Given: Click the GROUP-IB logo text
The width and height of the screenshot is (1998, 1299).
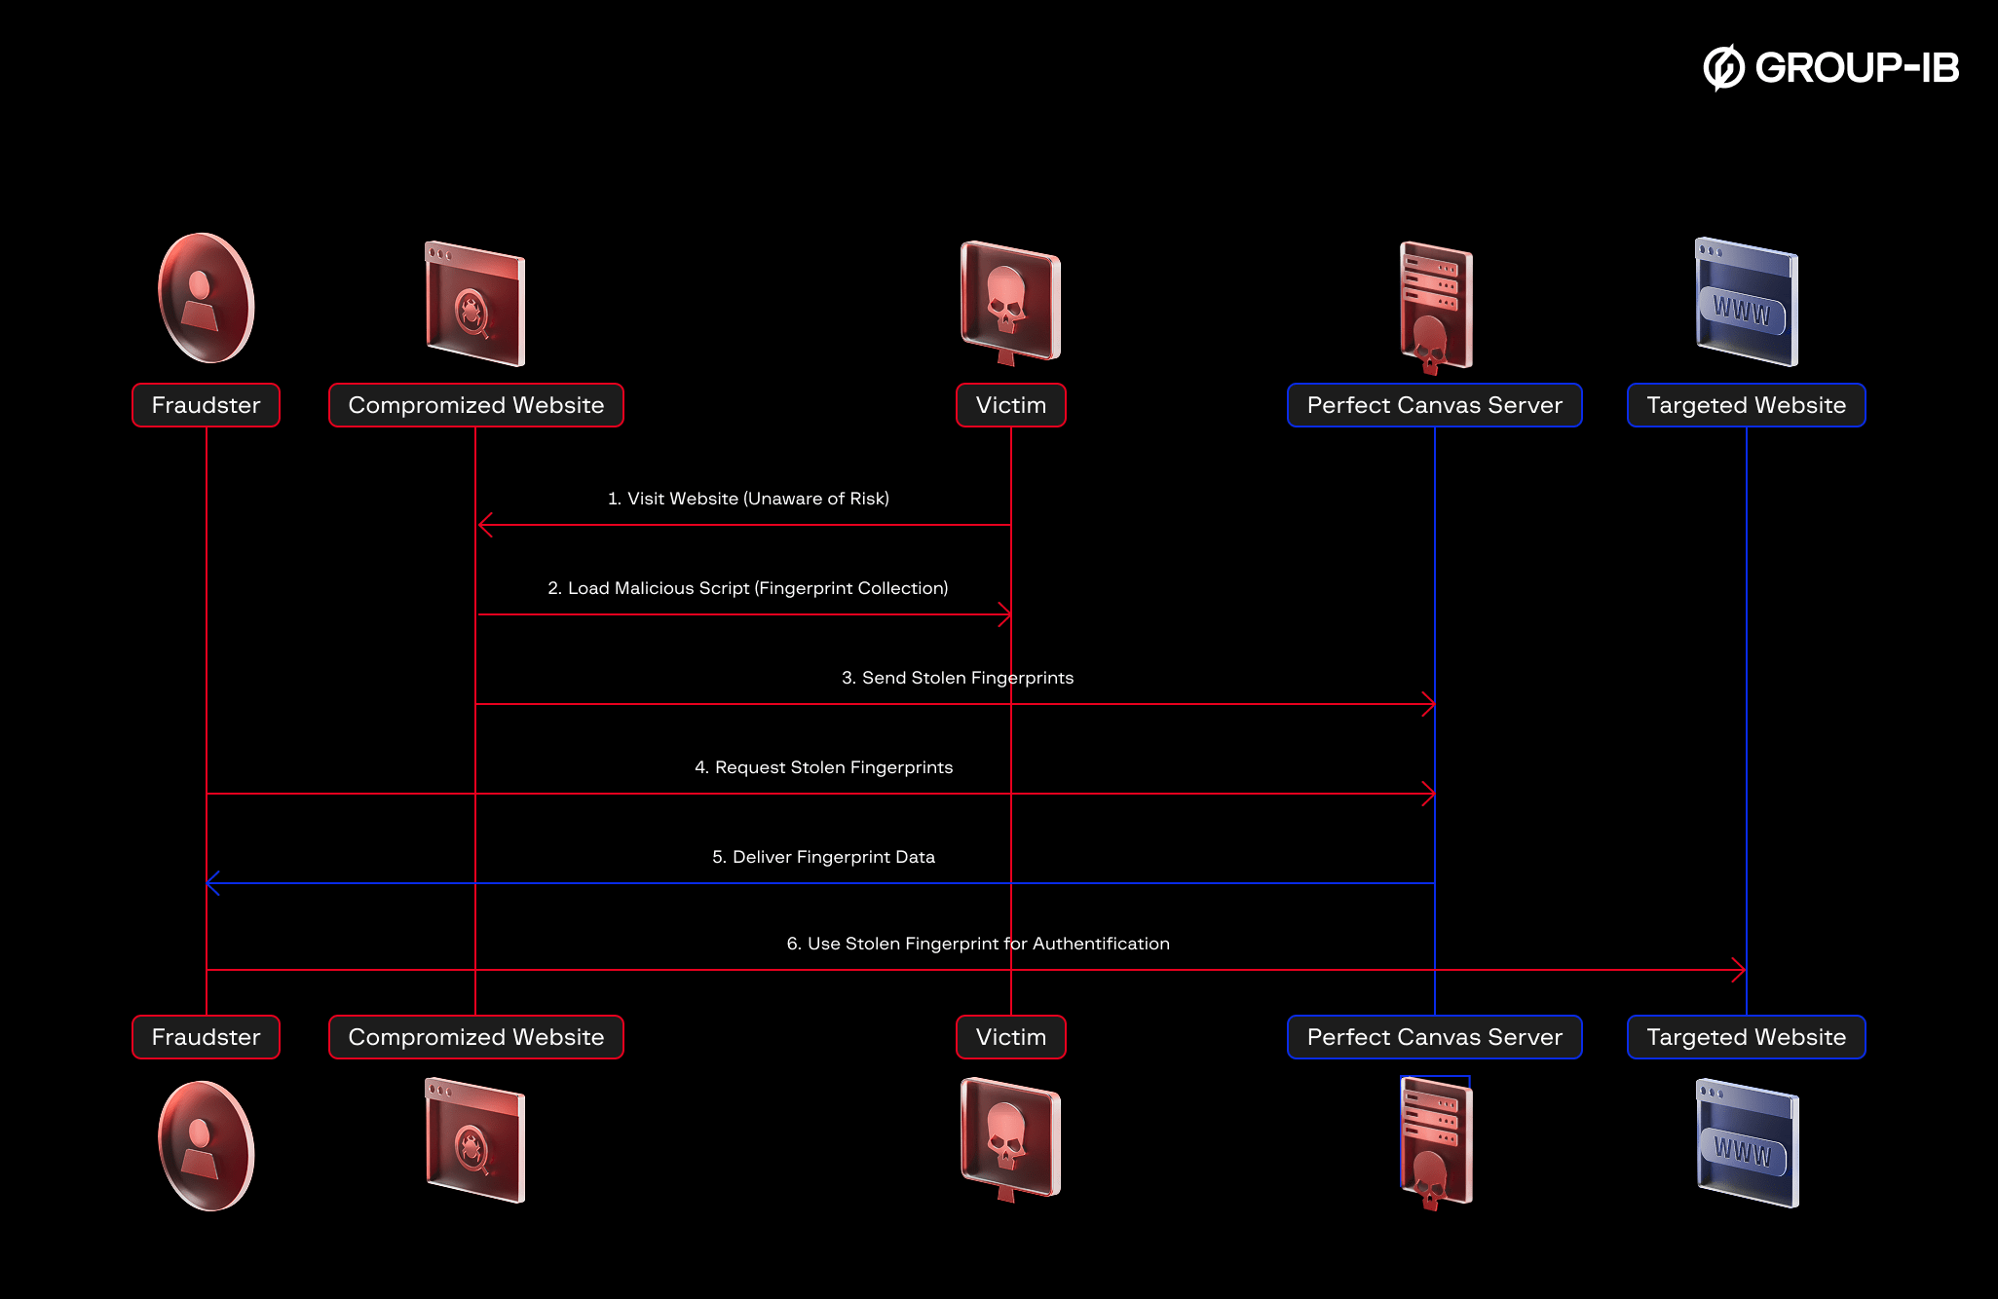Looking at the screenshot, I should [1855, 68].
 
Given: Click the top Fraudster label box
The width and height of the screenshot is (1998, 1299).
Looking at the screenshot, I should [206, 405].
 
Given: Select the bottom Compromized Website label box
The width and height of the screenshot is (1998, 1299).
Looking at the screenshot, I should [475, 1037].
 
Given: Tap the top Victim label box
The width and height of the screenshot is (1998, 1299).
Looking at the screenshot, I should [1010, 405].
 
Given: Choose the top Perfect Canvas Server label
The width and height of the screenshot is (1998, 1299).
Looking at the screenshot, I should [1434, 405].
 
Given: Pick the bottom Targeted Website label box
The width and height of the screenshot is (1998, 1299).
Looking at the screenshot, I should [1746, 1037].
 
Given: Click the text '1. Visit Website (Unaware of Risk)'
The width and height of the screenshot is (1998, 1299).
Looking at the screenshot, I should [748, 499].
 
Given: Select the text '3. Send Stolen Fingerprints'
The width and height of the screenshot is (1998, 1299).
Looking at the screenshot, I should [957, 678].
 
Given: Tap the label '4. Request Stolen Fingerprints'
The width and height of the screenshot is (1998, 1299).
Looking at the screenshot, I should [823, 767].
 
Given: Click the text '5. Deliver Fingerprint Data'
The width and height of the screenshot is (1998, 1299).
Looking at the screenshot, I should [823, 857].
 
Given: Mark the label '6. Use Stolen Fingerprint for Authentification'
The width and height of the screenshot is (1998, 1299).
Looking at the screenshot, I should [977, 944].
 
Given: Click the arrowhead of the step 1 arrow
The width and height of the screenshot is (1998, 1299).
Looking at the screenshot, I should [484, 525].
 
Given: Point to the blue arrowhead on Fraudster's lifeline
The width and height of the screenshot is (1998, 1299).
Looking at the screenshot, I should [213, 883].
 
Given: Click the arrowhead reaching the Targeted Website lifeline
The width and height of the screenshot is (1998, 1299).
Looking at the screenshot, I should [1739, 970].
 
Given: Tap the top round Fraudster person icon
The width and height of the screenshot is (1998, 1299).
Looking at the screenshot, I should [206, 298].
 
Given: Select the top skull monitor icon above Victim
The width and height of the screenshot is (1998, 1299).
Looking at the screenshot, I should [1010, 302].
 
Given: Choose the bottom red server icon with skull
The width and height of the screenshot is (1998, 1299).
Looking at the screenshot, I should [1435, 1141].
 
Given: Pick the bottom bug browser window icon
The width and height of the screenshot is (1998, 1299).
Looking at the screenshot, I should [475, 1139].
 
